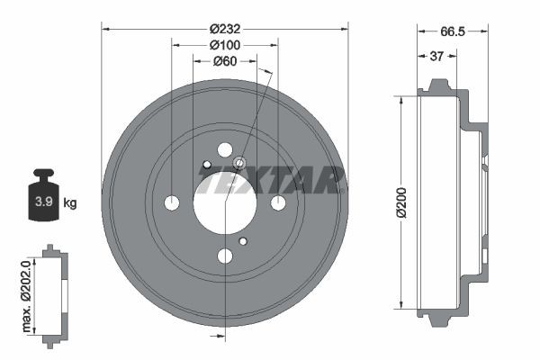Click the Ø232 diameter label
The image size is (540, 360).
pos(223,28)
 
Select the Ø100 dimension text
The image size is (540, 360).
pos(223,44)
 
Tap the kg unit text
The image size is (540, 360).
pos(70,202)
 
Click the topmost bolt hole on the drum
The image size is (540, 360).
pos(224,150)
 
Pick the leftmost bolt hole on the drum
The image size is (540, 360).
pos(171,203)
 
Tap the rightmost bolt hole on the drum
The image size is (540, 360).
pos(277,202)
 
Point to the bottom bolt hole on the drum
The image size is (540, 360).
pos(224,256)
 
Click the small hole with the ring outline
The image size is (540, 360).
pos(240,164)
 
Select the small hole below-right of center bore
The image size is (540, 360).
pos(243,240)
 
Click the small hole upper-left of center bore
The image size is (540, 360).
pos(206,165)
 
